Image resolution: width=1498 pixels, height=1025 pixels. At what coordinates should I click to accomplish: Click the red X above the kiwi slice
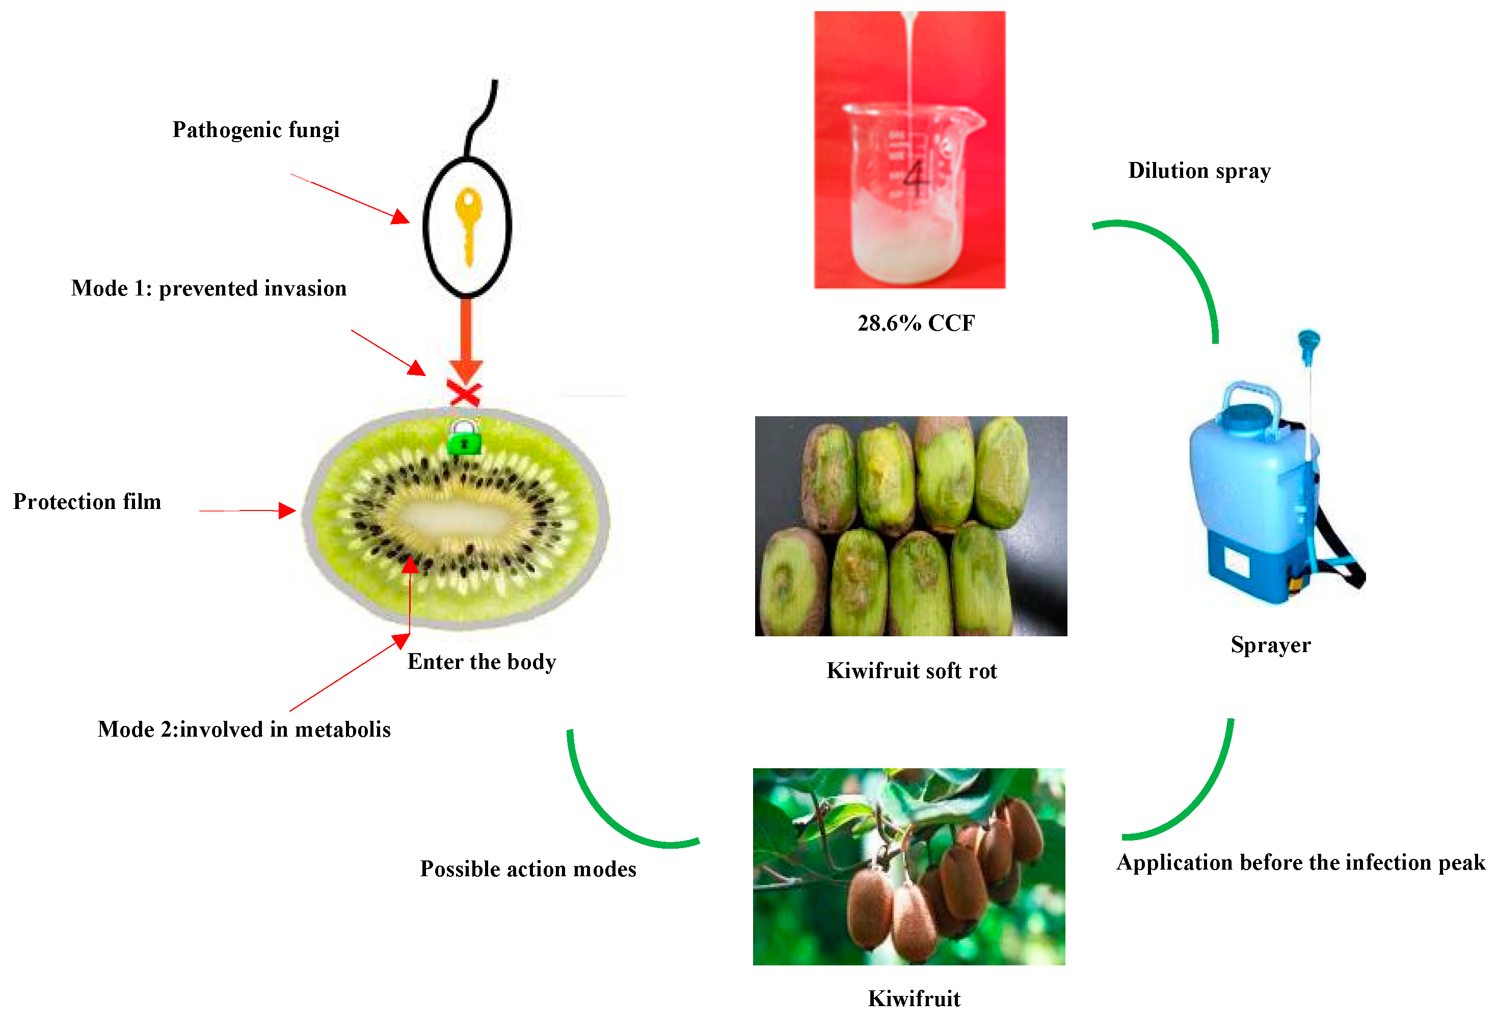click(464, 393)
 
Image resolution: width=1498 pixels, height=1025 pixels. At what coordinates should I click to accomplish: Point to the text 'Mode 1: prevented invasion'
click(209, 288)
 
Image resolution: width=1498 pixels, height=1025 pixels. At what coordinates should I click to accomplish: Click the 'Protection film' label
click(87, 501)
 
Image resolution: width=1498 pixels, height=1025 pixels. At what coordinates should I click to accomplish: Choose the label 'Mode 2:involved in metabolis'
click(244, 729)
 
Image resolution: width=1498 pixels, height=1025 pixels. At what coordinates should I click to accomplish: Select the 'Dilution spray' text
click(1199, 171)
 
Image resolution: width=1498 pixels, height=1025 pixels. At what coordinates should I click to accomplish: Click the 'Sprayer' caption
click(1270, 644)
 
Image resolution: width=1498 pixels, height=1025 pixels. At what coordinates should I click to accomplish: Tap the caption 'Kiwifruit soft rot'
click(912, 671)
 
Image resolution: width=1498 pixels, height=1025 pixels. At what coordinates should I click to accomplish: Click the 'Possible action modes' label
click(528, 869)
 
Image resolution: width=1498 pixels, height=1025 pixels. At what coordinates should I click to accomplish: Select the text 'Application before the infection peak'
click(1301, 862)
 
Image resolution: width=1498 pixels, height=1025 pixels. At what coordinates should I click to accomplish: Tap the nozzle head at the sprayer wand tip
click(1308, 340)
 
